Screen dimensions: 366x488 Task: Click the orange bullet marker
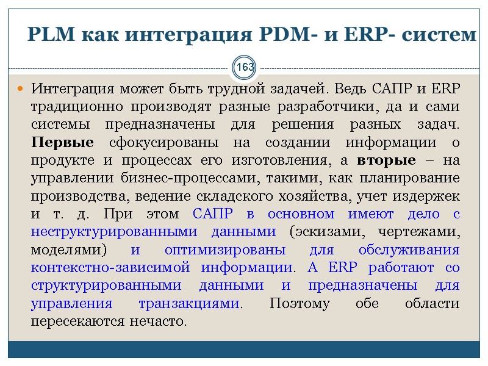20,90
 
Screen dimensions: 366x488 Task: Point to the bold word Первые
62,142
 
